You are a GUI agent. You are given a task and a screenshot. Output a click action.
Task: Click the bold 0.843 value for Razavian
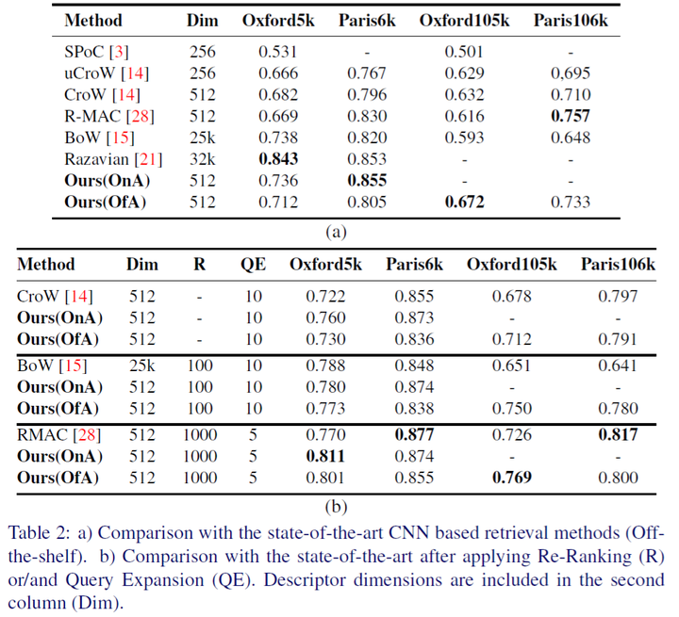(278, 159)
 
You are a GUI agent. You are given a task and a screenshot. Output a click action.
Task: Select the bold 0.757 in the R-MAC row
(571, 116)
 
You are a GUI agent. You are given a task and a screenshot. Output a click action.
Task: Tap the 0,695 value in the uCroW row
(571, 73)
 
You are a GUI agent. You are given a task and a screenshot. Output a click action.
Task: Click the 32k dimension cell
(202, 159)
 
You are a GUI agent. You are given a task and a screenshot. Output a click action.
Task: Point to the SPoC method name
(84, 52)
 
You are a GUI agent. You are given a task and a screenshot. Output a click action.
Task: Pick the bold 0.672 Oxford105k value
(464, 203)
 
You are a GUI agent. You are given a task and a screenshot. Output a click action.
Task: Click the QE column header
(254, 264)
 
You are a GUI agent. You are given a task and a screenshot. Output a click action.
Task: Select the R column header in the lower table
(199, 264)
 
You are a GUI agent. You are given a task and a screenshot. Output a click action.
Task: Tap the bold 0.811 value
(325, 456)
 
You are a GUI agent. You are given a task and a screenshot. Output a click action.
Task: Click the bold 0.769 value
(512, 478)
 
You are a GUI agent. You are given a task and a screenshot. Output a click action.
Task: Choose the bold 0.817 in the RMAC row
(618, 434)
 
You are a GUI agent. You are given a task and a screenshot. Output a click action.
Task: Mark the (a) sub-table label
(336, 233)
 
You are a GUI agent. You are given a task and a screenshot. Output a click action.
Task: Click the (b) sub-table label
(336, 507)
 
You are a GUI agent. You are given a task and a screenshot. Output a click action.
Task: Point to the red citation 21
(148, 159)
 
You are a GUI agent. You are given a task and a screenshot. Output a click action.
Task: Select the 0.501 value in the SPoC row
(464, 52)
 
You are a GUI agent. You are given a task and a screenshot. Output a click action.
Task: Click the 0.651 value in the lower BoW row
(512, 365)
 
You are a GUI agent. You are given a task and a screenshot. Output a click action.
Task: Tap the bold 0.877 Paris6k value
(414, 434)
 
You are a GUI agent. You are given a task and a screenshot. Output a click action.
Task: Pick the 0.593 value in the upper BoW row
(464, 138)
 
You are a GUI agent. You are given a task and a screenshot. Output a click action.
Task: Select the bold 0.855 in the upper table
(367, 181)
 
